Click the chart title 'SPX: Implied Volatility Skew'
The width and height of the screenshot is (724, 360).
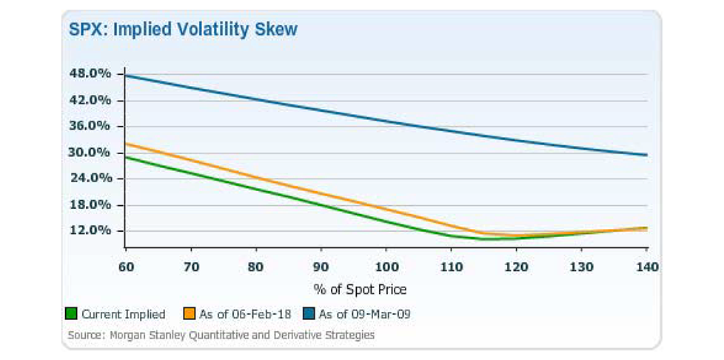(x=183, y=30)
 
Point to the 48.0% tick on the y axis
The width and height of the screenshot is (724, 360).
(x=90, y=73)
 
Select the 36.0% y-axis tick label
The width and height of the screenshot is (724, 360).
(x=90, y=126)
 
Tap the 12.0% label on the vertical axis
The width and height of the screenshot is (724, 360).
(x=90, y=230)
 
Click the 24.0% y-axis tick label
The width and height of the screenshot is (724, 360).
(x=90, y=178)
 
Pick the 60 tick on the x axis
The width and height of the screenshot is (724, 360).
(x=125, y=265)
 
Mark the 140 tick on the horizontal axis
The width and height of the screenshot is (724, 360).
(x=647, y=265)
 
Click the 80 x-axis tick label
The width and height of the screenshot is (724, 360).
(x=256, y=265)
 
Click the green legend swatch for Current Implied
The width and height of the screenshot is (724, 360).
(x=73, y=314)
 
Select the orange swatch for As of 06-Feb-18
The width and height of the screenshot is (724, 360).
(x=190, y=314)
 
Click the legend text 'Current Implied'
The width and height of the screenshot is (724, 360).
(x=124, y=314)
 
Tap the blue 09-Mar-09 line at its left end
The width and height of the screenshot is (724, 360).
(x=125, y=76)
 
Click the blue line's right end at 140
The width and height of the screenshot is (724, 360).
(x=647, y=155)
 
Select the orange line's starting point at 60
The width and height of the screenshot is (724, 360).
(x=125, y=144)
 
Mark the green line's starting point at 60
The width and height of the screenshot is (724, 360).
(x=125, y=157)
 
